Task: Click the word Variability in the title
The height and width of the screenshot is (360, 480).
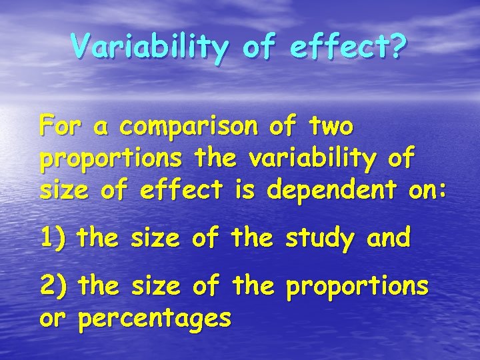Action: tap(149, 47)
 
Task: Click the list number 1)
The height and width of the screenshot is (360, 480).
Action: tap(53, 237)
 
